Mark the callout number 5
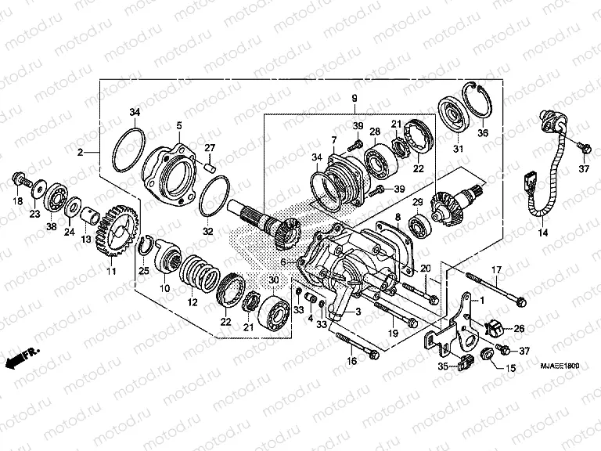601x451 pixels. (x=178, y=125)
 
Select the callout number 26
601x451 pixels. (x=519, y=329)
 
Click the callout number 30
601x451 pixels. (x=272, y=280)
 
